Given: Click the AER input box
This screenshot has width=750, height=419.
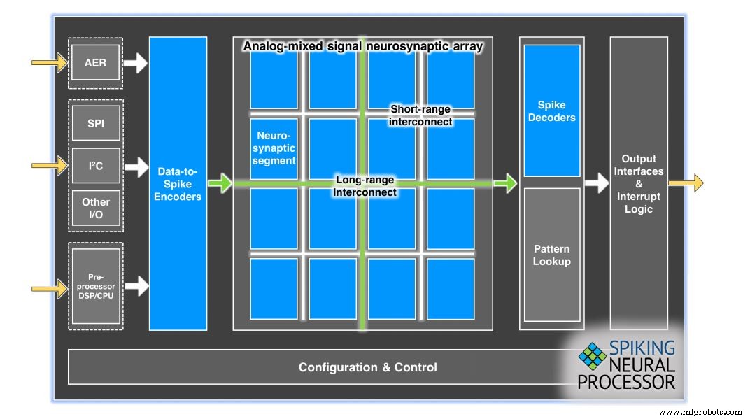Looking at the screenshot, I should click(x=96, y=63).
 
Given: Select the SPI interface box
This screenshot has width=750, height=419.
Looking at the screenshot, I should click(x=96, y=124).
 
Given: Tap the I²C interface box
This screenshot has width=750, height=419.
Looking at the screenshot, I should click(x=96, y=166).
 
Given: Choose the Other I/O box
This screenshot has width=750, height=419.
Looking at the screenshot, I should click(x=96, y=208).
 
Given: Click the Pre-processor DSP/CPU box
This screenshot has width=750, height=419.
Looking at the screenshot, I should click(x=96, y=286).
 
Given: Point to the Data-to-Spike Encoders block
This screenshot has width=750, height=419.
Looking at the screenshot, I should click(x=178, y=184).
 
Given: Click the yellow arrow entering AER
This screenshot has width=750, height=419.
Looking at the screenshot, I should click(x=49, y=63).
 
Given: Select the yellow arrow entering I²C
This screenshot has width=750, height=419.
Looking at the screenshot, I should click(x=49, y=166).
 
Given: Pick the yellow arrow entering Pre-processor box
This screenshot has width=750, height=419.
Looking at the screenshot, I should click(x=49, y=286).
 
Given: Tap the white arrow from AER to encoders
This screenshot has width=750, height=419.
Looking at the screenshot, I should click(x=136, y=64).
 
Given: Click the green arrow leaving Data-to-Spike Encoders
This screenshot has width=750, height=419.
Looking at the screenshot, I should click(x=220, y=184).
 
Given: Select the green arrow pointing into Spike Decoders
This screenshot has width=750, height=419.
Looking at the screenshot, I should click(x=504, y=184).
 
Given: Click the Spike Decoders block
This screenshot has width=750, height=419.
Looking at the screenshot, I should click(x=552, y=111).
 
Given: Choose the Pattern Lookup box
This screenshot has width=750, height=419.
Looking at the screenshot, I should click(x=552, y=255).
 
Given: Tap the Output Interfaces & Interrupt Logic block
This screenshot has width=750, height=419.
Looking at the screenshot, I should click(x=639, y=184).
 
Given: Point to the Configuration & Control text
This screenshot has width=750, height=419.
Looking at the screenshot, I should click(x=367, y=367).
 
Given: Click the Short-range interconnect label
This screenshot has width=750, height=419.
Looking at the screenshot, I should click(x=420, y=115).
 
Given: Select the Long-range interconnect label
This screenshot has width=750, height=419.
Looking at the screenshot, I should click(x=365, y=186).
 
